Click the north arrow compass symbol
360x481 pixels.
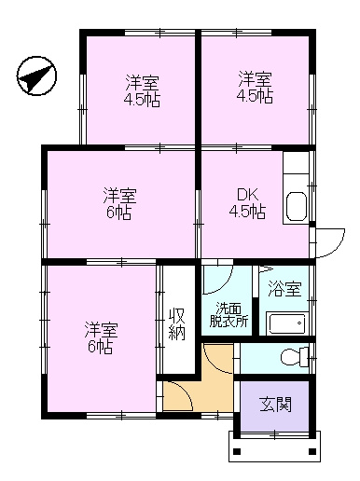(36, 76)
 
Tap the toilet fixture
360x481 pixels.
(295, 356)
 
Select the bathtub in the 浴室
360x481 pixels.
(287, 323)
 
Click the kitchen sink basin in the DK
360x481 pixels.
(297, 206)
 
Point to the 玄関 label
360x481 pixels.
(276, 405)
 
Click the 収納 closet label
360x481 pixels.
(177, 324)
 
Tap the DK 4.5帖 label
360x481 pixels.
(247, 203)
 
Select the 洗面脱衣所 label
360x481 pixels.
(228, 315)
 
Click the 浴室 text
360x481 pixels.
(284, 288)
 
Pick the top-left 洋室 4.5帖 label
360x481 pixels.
(142, 91)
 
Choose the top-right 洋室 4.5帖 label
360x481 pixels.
(255, 87)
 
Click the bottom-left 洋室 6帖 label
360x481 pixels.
(101, 338)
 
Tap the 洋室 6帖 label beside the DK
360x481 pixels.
(119, 203)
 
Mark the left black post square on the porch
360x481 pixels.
(237, 451)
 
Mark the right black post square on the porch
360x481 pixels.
(312, 451)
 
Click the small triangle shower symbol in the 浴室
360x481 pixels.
(265, 269)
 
